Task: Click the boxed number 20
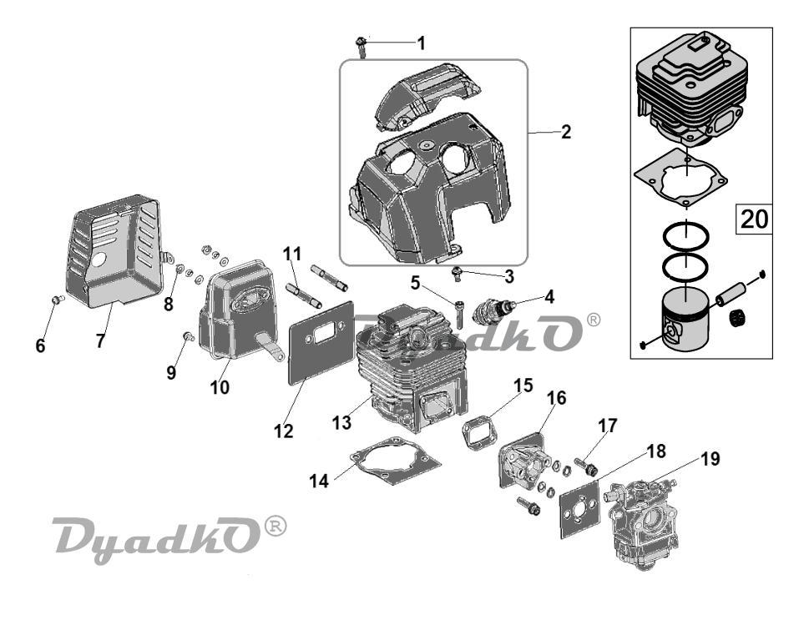tap(754, 219)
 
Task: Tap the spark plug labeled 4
tap(493, 310)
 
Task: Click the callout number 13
tap(341, 422)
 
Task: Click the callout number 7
tap(101, 340)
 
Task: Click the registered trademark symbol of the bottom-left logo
tap(278, 526)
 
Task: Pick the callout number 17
tap(608, 426)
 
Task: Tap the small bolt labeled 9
tap(189, 335)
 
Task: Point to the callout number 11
tap(292, 253)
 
